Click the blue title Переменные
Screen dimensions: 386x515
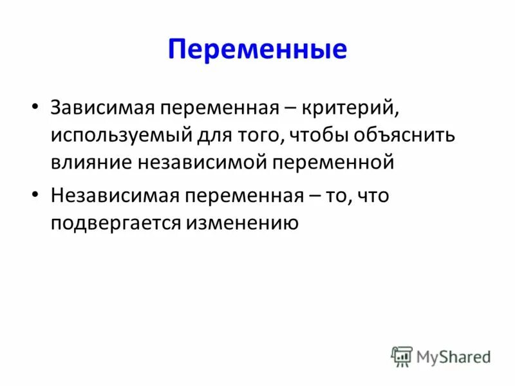[257, 50]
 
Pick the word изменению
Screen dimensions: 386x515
[243, 223]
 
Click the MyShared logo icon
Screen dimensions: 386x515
[402, 356]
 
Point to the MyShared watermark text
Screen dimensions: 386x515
[453, 356]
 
